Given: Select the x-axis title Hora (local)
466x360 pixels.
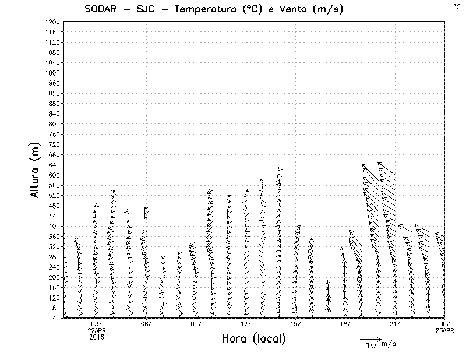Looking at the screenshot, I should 253,338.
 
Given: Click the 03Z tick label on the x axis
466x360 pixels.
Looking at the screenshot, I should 97,324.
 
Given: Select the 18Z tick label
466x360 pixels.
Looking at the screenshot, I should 345,324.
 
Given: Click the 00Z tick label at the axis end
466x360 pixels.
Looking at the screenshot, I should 445,324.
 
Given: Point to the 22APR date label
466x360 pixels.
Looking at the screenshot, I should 97,331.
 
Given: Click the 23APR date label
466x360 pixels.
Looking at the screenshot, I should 445,331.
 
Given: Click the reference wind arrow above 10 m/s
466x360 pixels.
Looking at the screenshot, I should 370,338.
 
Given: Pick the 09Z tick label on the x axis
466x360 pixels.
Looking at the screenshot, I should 196,324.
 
